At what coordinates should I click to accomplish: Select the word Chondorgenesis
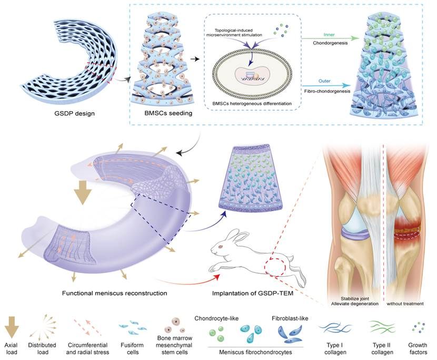click(321, 43)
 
